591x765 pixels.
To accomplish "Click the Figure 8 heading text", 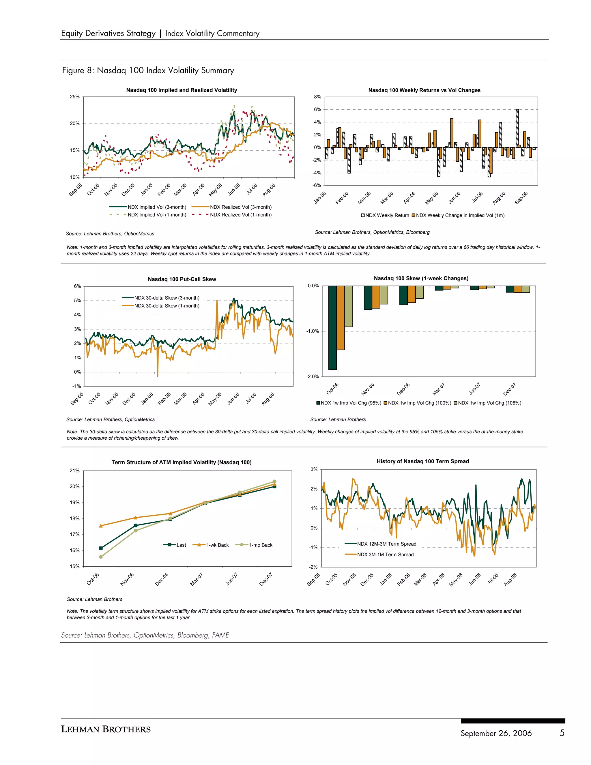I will pyautogui.click(x=148, y=70).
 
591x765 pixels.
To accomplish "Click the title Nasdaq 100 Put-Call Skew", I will pyautogui.click(x=182, y=279).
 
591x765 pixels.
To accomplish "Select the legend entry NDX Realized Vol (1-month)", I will pyautogui.click(x=241, y=215).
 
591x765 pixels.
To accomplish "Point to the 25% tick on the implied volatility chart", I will pyautogui.click(x=74, y=97).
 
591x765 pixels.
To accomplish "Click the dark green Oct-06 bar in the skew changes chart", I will pyautogui.click(x=332, y=328).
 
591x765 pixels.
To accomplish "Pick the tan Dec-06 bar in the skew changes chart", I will pyautogui.click(x=419, y=292).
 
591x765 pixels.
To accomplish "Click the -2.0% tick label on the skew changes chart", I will pyautogui.click(x=313, y=376).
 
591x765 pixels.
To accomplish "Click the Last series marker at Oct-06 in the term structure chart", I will pyautogui.click(x=101, y=548).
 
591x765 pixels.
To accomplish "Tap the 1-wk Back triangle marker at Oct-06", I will pyautogui.click(x=101, y=526).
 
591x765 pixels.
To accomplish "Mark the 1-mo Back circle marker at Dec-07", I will pyautogui.click(x=274, y=481).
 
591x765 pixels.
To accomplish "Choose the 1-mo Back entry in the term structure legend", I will pyautogui.click(x=261, y=545).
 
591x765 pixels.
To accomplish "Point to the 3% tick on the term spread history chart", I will pyautogui.click(x=314, y=469).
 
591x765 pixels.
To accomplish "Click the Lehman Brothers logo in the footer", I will pyautogui.click(x=106, y=729).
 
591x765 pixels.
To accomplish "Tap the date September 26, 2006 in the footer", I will pyautogui.click(x=496, y=734).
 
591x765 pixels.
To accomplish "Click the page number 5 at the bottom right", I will pyautogui.click(x=562, y=733).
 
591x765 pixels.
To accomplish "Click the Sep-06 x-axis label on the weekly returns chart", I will pyautogui.click(x=521, y=197).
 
